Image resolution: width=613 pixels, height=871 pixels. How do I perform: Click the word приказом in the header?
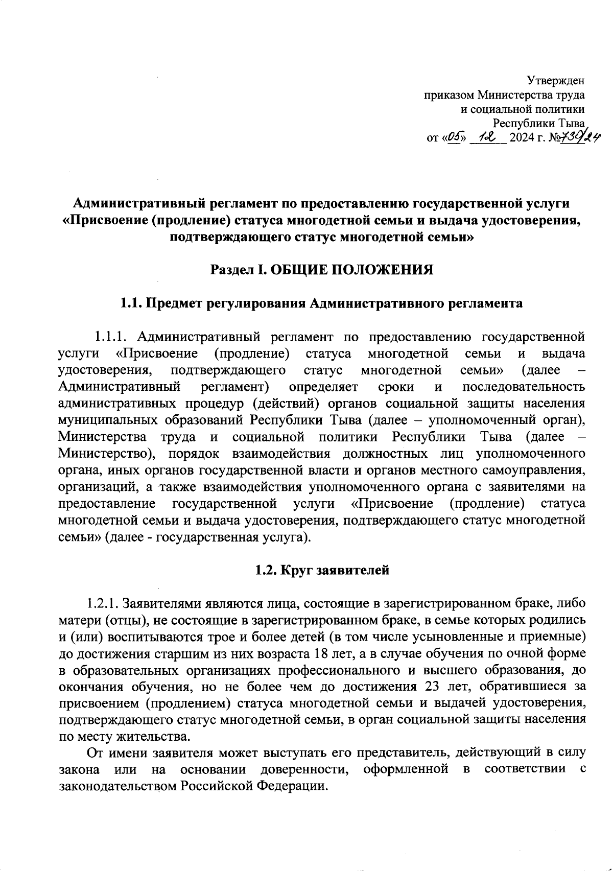point(449,95)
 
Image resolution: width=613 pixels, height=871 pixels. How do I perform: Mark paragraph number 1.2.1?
point(103,603)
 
